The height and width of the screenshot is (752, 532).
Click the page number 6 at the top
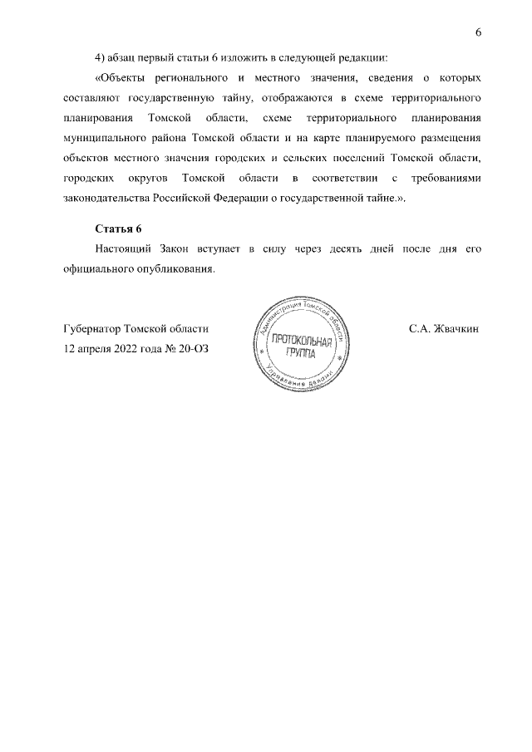(x=478, y=32)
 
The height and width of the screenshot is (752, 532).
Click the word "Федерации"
(x=246, y=198)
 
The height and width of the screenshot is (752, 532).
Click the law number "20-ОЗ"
(x=190, y=349)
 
